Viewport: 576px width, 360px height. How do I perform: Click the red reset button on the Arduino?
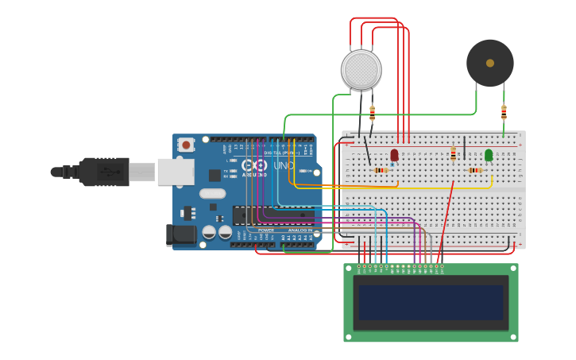186,145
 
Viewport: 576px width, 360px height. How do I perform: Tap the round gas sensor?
361,69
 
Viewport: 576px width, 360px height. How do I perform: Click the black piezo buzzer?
489,63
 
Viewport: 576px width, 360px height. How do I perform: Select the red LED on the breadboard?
394,154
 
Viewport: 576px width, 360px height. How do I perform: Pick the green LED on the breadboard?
489,154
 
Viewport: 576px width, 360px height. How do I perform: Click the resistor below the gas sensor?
373,114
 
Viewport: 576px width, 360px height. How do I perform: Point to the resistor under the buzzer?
504,112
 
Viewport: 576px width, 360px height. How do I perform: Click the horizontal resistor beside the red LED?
381,170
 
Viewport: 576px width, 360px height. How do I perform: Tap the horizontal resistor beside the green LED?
475,170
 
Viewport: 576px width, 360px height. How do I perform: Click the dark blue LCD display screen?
431,302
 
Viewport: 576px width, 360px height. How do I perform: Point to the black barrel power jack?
182,234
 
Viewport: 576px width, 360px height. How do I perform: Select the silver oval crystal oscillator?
212,193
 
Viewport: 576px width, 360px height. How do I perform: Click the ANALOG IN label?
300,230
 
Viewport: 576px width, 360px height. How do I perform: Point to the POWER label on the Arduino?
266,230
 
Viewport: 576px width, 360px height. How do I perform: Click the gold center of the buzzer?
490,63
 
